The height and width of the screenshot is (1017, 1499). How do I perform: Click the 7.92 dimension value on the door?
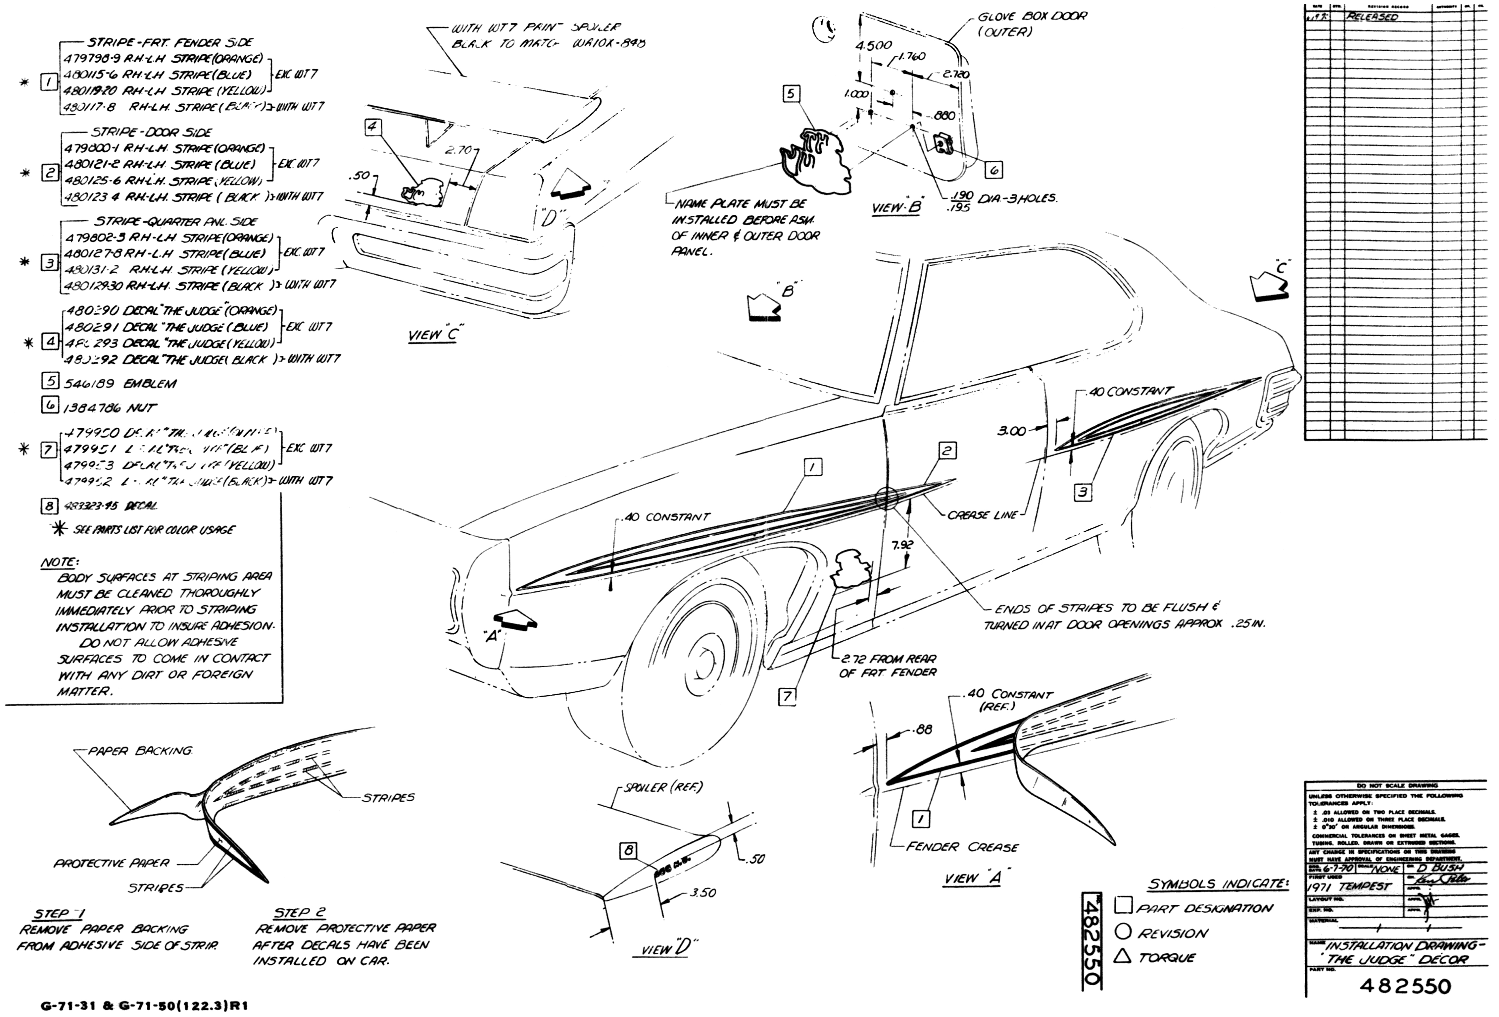tap(902, 545)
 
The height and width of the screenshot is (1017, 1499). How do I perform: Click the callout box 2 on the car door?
tap(947, 451)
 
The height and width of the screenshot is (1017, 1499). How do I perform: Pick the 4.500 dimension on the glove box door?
tap(874, 45)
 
